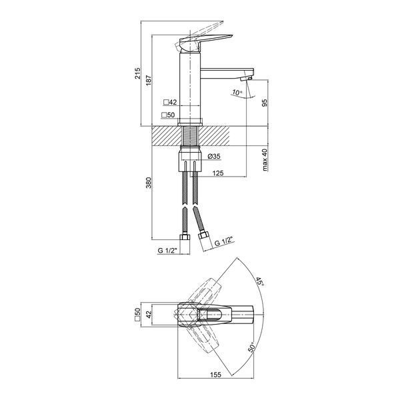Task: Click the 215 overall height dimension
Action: click(x=137, y=73)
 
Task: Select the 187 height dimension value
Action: click(x=148, y=80)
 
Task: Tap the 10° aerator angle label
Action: click(x=237, y=93)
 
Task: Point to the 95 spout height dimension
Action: click(x=265, y=103)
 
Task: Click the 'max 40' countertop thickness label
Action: click(x=265, y=160)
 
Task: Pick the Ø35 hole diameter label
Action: click(x=214, y=156)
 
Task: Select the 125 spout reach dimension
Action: click(x=218, y=173)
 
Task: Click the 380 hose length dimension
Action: click(x=148, y=183)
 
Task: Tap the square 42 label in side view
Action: click(x=170, y=102)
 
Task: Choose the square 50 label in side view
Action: click(x=168, y=115)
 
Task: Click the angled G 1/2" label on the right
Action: click(x=224, y=241)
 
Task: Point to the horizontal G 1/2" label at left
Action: click(x=167, y=251)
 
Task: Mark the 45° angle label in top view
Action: click(x=260, y=281)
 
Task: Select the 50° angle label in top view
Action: click(x=251, y=347)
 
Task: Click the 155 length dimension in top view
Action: click(x=215, y=375)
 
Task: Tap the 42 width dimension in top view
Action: click(x=148, y=314)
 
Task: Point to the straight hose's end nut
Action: click(x=185, y=237)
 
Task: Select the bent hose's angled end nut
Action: click(x=204, y=235)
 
